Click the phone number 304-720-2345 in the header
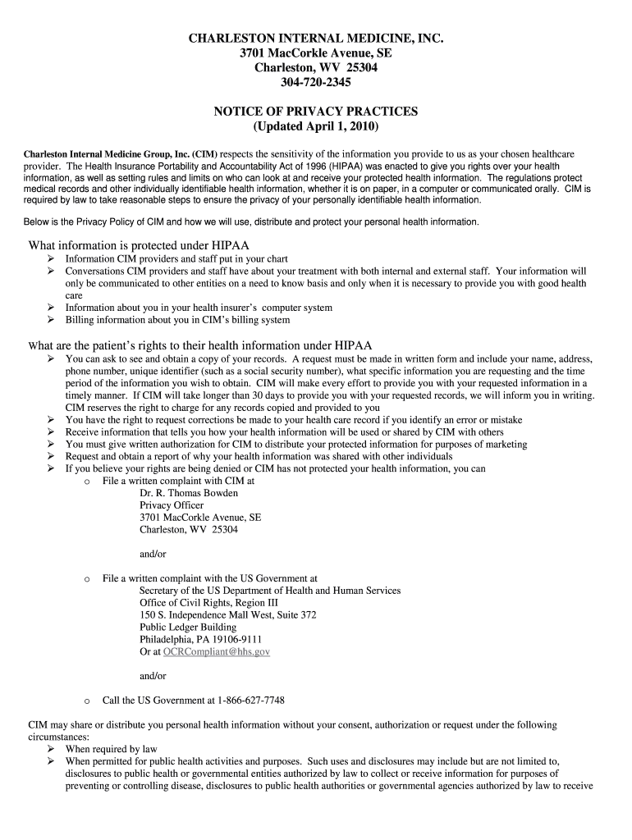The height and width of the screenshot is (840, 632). (315, 83)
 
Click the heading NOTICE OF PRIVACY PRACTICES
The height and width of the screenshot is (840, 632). (315, 112)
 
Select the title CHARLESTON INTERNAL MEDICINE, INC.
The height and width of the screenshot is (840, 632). (315, 39)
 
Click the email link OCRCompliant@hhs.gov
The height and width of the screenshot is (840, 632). (217, 651)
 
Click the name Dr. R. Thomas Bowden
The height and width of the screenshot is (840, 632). (189, 493)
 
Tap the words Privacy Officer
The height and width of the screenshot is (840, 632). (172, 505)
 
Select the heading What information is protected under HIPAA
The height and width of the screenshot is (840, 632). (139, 245)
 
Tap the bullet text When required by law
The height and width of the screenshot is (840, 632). (111, 749)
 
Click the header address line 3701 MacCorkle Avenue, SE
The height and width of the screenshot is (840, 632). (315, 53)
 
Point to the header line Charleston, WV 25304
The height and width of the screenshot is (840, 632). (315, 68)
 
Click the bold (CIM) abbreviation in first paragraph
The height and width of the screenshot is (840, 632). (205, 154)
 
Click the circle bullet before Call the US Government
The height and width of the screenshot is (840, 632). (87, 701)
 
